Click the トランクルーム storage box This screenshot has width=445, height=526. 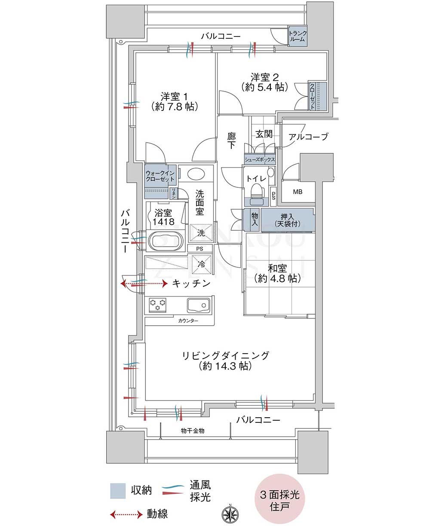click(x=298, y=36)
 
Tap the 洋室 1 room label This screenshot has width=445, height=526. click(x=175, y=96)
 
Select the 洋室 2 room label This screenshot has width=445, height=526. click(x=264, y=77)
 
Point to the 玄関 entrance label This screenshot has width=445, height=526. click(x=264, y=134)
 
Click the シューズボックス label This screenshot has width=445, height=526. click(x=260, y=159)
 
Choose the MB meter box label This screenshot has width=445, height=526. click(x=298, y=192)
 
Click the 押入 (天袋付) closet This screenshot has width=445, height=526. click(x=287, y=220)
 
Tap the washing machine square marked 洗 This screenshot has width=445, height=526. click(x=201, y=233)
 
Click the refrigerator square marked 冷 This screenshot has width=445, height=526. click(x=201, y=264)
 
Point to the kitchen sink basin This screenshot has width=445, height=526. click(x=199, y=305)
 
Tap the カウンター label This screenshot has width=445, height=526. click(x=188, y=321)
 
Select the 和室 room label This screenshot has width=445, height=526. click(x=277, y=268)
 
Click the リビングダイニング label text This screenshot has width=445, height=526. click(x=226, y=355)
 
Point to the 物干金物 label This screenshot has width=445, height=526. click(x=193, y=431)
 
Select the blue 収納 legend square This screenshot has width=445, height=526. click(x=118, y=491)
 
